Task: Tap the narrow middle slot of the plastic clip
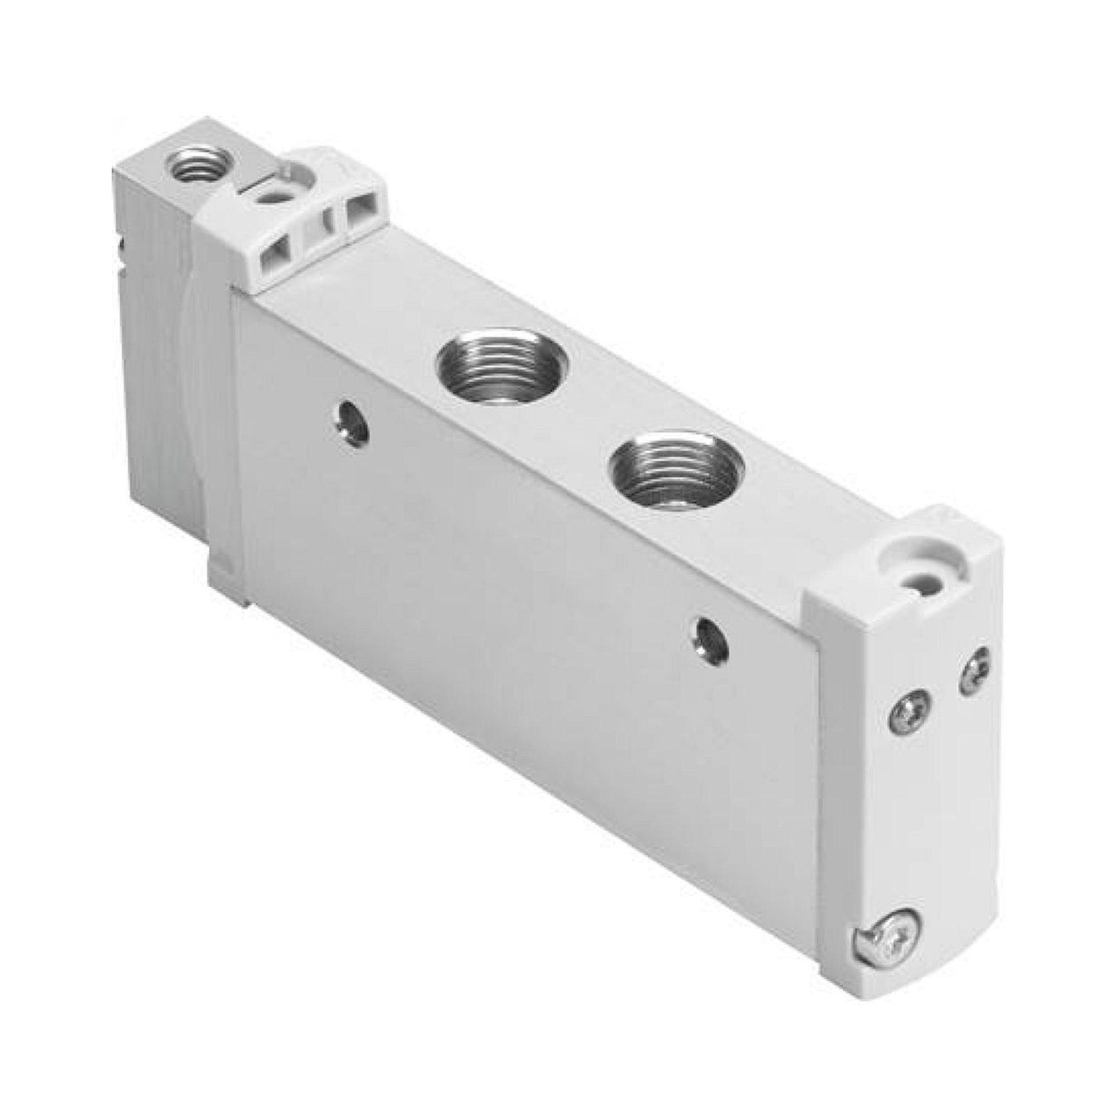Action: pos(318,236)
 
